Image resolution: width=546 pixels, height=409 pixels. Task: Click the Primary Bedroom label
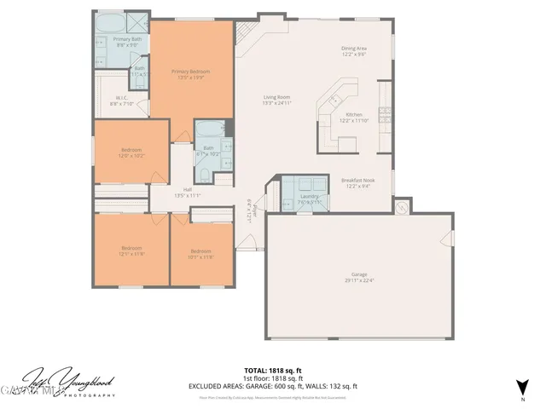point(189,73)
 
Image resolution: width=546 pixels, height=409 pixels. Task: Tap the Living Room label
point(277,100)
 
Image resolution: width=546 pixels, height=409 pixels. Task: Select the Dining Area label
point(355,51)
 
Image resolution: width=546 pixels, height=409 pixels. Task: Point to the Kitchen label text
point(353,117)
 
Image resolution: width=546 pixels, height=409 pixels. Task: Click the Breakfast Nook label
point(358,183)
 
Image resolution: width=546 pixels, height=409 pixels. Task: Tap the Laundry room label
point(309,199)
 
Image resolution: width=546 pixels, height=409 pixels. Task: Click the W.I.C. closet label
point(123,101)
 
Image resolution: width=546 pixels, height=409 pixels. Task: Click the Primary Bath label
point(128,41)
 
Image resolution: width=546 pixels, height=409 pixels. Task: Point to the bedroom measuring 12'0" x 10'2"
point(130,153)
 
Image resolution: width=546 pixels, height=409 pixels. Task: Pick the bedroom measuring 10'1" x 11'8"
point(200,253)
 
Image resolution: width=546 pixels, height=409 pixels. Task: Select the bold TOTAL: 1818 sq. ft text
point(273,371)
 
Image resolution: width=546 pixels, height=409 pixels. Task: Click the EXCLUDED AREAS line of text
point(273,386)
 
